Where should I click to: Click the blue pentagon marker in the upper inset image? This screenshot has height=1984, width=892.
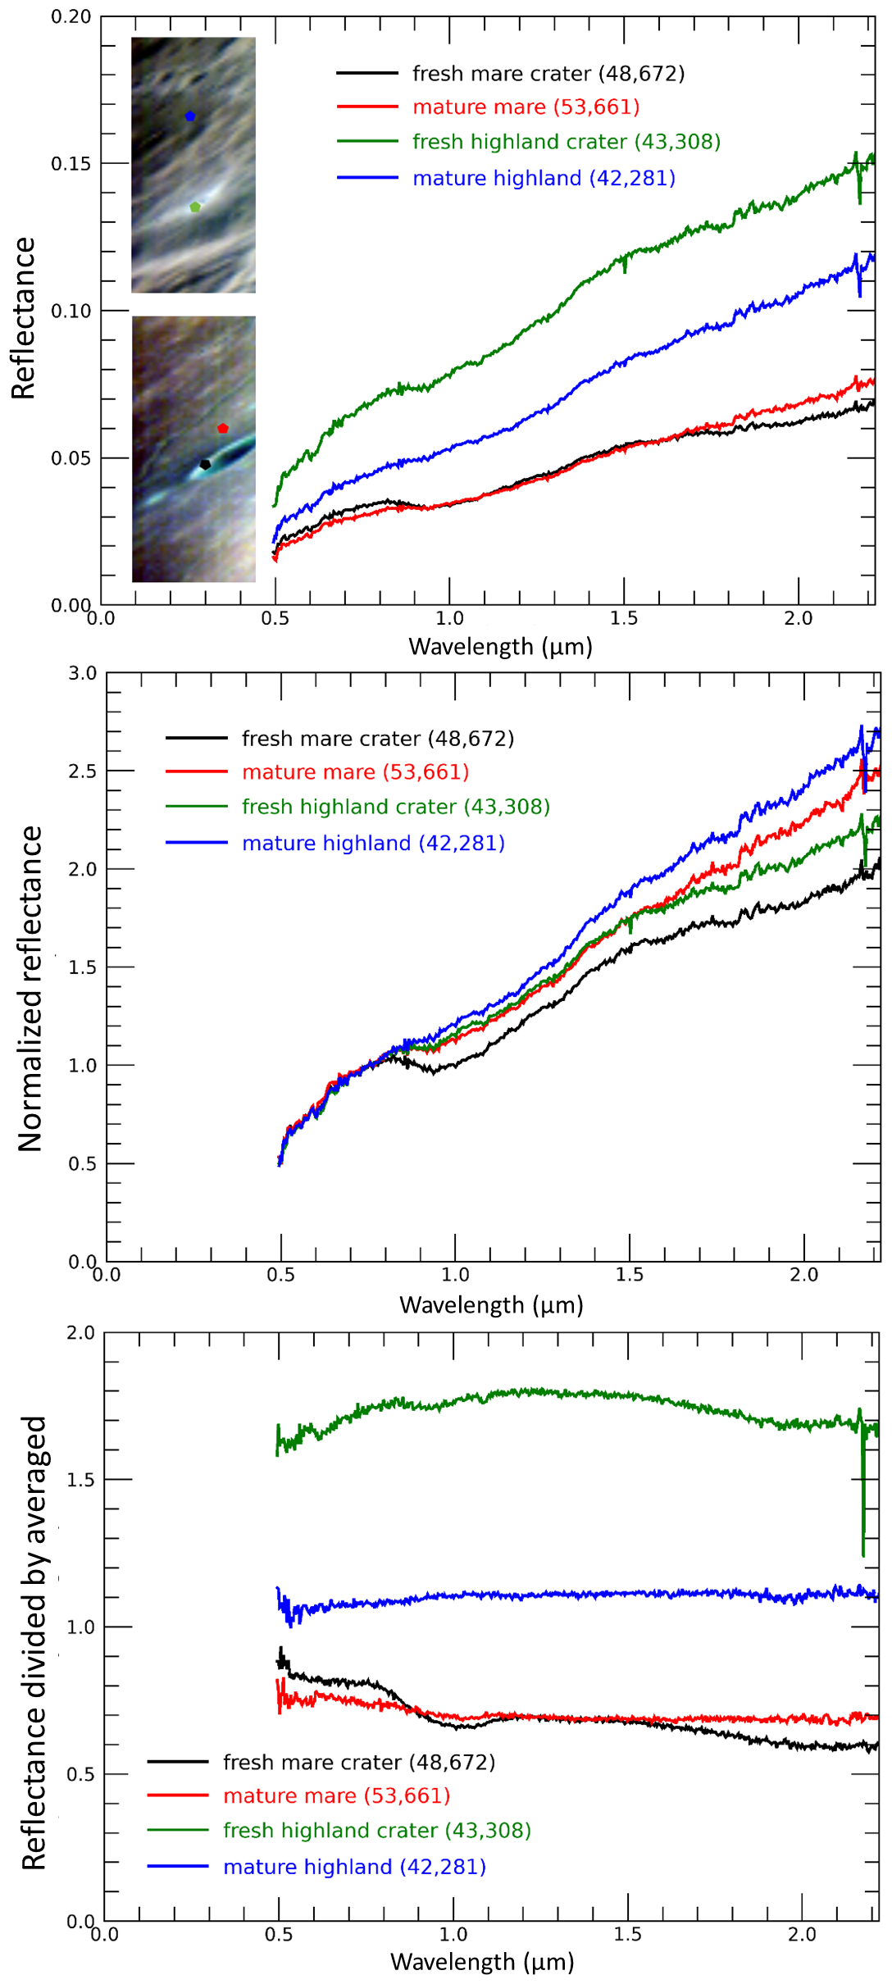click(190, 116)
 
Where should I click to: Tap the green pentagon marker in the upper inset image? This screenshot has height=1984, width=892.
click(195, 207)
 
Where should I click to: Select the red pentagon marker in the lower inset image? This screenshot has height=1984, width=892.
click(223, 429)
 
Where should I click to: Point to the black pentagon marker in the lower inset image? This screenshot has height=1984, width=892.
click(206, 465)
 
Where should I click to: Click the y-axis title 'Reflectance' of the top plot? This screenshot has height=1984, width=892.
click(23, 318)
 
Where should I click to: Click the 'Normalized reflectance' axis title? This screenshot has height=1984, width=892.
click(30, 989)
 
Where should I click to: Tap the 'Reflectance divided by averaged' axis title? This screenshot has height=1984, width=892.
click(34, 1643)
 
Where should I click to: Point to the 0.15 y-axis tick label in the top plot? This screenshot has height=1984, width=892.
click(71, 164)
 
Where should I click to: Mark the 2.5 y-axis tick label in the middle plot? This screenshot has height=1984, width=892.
click(82, 771)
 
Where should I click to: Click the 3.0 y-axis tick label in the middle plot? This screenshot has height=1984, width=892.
click(82, 674)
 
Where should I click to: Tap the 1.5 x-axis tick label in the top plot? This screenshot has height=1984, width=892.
click(624, 619)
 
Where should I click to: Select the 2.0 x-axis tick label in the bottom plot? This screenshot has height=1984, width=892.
click(802, 1934)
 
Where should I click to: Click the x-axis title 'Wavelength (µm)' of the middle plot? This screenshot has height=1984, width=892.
click(491, 1305)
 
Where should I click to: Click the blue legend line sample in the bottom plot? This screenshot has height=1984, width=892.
click(178, 1867)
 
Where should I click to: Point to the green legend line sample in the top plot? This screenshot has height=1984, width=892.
click(367, 142)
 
